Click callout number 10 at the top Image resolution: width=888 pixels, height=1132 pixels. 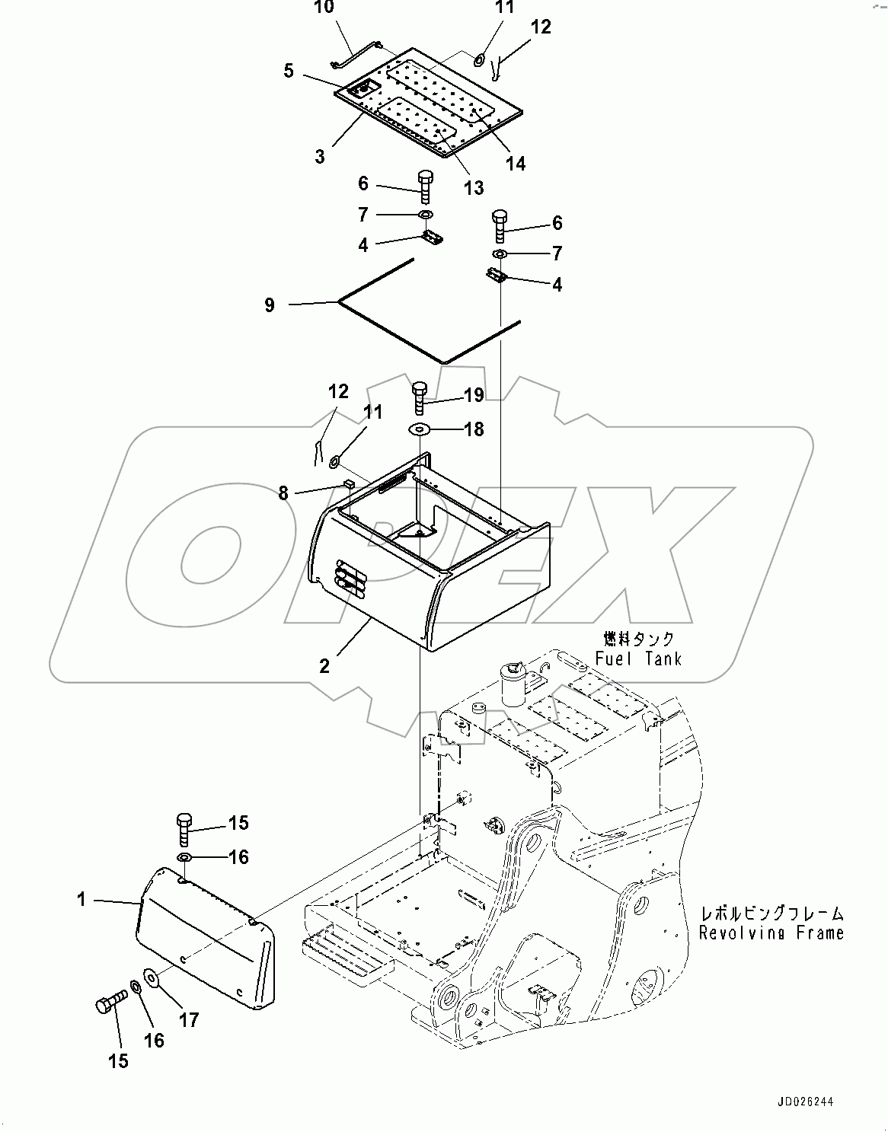(323, 8)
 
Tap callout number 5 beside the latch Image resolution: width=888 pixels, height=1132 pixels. (289, 71)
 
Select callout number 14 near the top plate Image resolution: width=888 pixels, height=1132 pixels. (516, 163)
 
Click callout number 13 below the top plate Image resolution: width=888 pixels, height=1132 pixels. (474, 187)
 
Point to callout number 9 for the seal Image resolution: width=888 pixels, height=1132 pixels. (270, 305)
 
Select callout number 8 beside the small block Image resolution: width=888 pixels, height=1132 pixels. (284, 493)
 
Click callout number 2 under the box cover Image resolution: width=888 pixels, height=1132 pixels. (324, 665)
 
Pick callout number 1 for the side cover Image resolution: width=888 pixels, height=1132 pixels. (81, 899)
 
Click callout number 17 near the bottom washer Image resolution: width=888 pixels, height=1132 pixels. (188, 1019)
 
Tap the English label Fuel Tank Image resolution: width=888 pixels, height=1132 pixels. (637, 658)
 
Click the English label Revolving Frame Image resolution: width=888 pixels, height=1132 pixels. (771, 933)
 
